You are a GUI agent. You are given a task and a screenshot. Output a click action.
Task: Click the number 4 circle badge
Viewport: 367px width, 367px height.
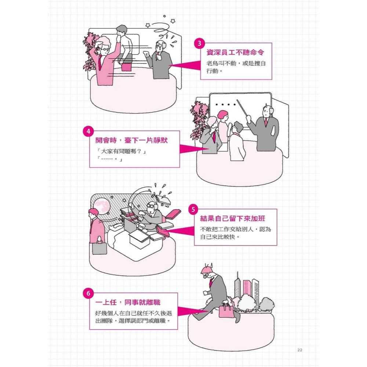pos(88,131)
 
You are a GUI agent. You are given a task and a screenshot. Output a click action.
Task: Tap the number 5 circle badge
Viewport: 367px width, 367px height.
pos(193,210)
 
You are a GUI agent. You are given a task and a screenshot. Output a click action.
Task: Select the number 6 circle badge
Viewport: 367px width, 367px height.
pos(88,293)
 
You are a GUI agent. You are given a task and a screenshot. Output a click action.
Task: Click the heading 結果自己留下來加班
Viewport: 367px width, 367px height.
pos(232,219)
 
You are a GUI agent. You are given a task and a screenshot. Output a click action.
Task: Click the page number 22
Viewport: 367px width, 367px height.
pos(300,350)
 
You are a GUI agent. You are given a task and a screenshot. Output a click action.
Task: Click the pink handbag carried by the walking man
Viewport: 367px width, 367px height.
pos(226,311)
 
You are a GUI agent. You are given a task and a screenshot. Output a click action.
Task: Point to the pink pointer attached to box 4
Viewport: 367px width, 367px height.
pos(192,149)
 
